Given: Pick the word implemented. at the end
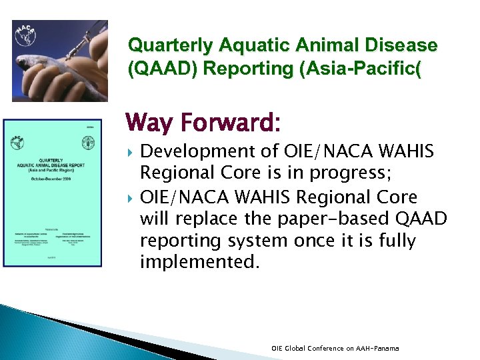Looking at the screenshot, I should coord(199,262).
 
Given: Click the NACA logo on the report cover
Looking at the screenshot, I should coord(18,143).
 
